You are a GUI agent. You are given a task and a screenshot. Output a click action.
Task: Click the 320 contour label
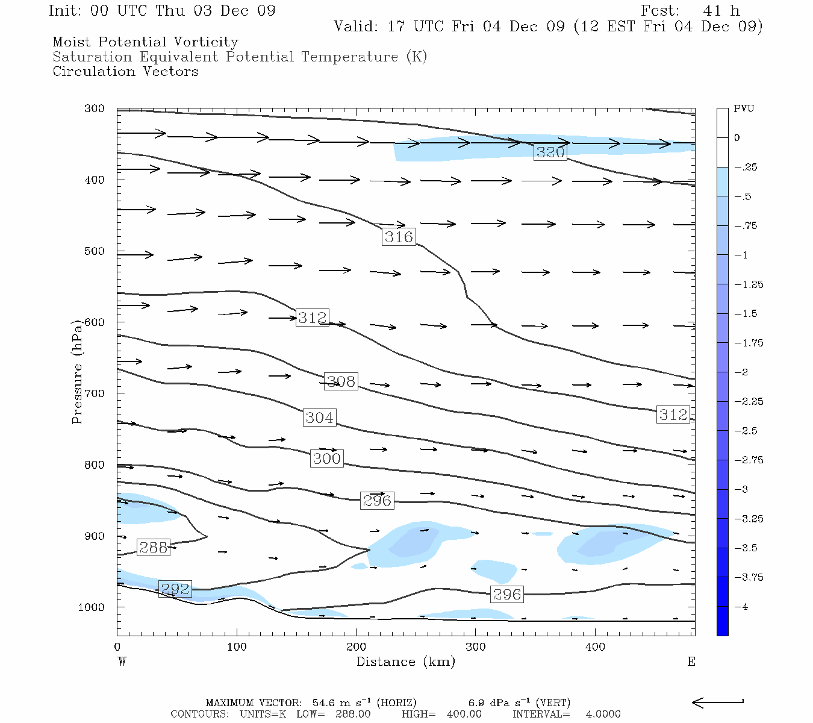(550, 152)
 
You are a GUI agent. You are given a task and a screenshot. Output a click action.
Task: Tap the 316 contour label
(399, 237)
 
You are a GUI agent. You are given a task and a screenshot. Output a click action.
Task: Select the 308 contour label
(341, 381)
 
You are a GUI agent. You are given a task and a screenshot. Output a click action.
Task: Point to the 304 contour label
(319, 418)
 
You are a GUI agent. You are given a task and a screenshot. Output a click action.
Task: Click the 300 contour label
(327, 459)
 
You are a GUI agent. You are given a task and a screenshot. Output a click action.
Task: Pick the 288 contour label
(153, 547)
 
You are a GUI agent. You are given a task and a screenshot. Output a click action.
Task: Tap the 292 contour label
(175, 589)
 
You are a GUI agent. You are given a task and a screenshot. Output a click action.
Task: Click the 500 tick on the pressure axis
(94, 251)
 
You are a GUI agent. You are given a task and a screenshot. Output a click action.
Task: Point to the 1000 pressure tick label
(91, 607)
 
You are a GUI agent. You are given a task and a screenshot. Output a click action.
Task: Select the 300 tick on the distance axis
(476, 647)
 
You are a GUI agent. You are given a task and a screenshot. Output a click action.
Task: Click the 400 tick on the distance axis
(595, 647)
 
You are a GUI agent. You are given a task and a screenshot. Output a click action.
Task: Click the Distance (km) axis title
(405, 662)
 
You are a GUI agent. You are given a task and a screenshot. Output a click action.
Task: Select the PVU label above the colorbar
(744, 109)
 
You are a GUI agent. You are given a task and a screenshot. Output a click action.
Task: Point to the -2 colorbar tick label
(741, 372)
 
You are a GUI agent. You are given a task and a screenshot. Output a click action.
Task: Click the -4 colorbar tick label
(741, 607)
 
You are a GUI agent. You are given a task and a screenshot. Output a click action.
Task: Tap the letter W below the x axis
(122, 662)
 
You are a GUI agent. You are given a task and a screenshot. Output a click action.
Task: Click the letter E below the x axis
(691, 662)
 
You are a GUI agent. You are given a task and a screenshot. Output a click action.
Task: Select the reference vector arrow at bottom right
(717, 703)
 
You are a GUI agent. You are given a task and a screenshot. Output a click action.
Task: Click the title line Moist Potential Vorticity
(145, 42)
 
